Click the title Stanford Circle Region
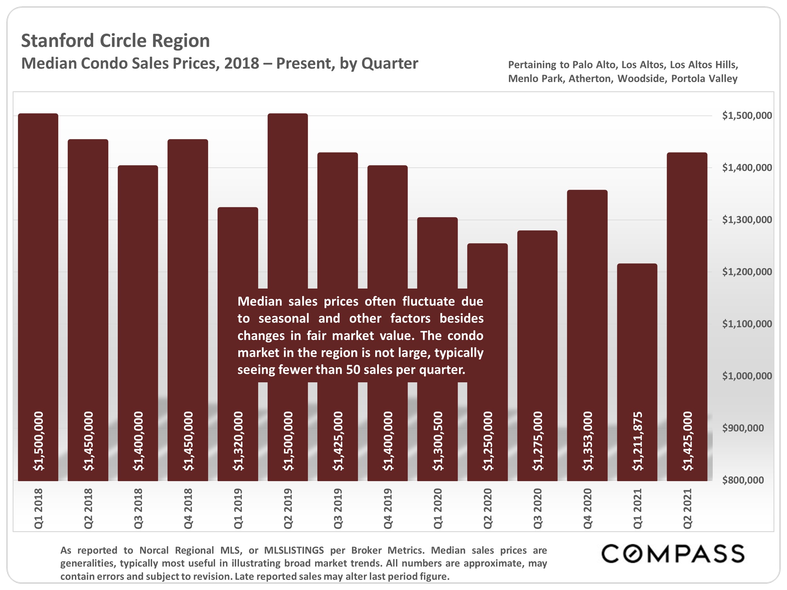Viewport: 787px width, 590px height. [x=115, y=41]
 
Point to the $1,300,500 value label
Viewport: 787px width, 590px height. [x=438, y=441]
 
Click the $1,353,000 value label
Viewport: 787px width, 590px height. [x=587, y=441]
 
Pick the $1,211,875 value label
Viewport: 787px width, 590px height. [x=637, y=441]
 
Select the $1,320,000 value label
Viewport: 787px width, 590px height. [x=238, y=441]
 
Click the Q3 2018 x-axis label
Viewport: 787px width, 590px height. [x=138, y=508]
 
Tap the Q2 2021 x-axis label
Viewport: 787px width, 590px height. [x=688, y=508]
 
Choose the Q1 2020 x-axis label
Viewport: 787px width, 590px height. [x=438, y=508]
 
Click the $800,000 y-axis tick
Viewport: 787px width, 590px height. [x=743, y=480]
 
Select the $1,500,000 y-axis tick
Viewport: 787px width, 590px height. [x=747, y=115]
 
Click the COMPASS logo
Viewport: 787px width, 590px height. [x=672, y=554]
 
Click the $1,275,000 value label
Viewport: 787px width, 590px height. [x=538, y=441]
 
